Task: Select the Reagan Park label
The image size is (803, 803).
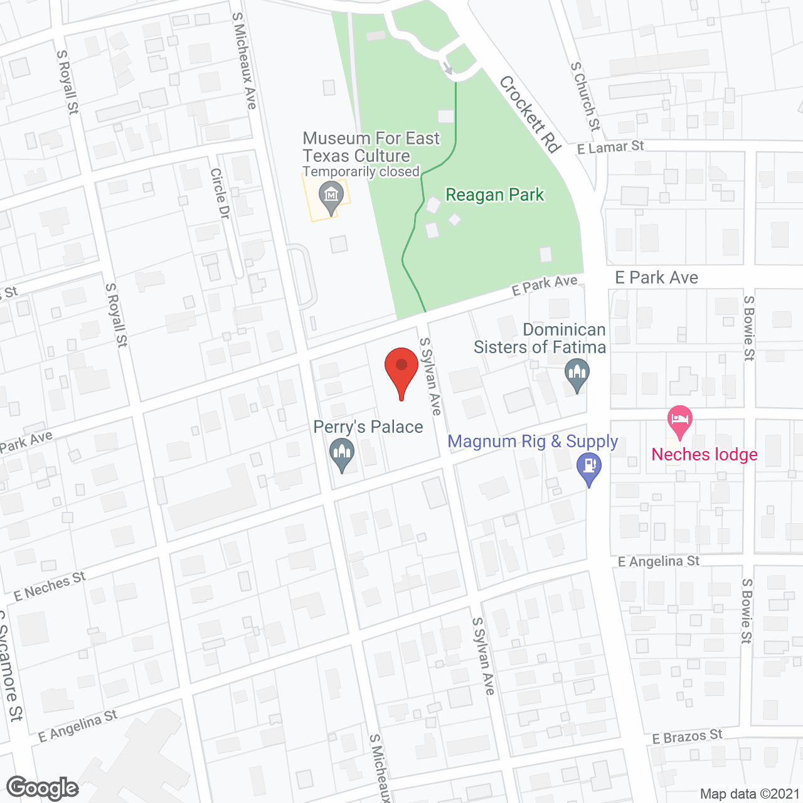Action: pos(495,195)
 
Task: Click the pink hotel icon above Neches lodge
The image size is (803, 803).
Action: pos(679,421)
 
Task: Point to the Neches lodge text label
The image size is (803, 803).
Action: pos(705,454)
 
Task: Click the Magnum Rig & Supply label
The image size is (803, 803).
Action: pos(533,442)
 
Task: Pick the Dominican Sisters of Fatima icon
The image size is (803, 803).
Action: pos(577,375)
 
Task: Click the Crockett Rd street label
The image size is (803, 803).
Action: pos(530,114)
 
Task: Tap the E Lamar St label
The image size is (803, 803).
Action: pos(610,147)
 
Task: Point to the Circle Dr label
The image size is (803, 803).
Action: pos(220,193)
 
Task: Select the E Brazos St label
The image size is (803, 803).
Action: pos(687,737)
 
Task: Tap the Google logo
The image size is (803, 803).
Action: pos(43,788)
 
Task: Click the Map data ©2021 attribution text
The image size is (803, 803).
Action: pos(750,794)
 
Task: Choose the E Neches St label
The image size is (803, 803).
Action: pos(50,586)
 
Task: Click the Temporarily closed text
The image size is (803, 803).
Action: pos(361,172)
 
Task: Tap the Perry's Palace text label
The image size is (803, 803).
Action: pos(368,427)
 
